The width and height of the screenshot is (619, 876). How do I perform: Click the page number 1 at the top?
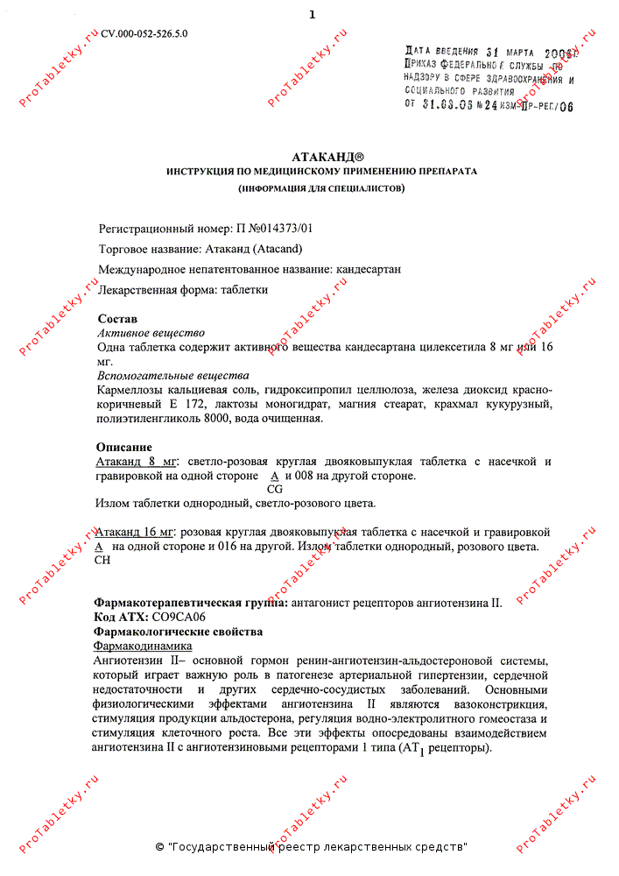(312, 14)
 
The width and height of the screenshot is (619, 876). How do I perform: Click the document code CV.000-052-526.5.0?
(144, 33)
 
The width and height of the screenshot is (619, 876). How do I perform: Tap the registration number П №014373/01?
(274, 228)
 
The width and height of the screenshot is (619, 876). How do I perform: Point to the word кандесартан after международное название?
(368, 269)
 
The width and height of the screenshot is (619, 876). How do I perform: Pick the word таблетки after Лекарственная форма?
(244, 289)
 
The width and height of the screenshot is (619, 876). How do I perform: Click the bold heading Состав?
(117, 319)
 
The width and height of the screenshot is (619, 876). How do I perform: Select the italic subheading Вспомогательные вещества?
(160, 375)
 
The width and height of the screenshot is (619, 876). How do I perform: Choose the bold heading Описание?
(123, 447)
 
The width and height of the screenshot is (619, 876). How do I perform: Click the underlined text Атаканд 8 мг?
(136, 462)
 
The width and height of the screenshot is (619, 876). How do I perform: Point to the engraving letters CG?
(274, 489)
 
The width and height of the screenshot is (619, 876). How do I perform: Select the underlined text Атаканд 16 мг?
(136, 532)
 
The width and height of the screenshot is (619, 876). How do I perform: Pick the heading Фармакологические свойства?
(178, 631)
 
